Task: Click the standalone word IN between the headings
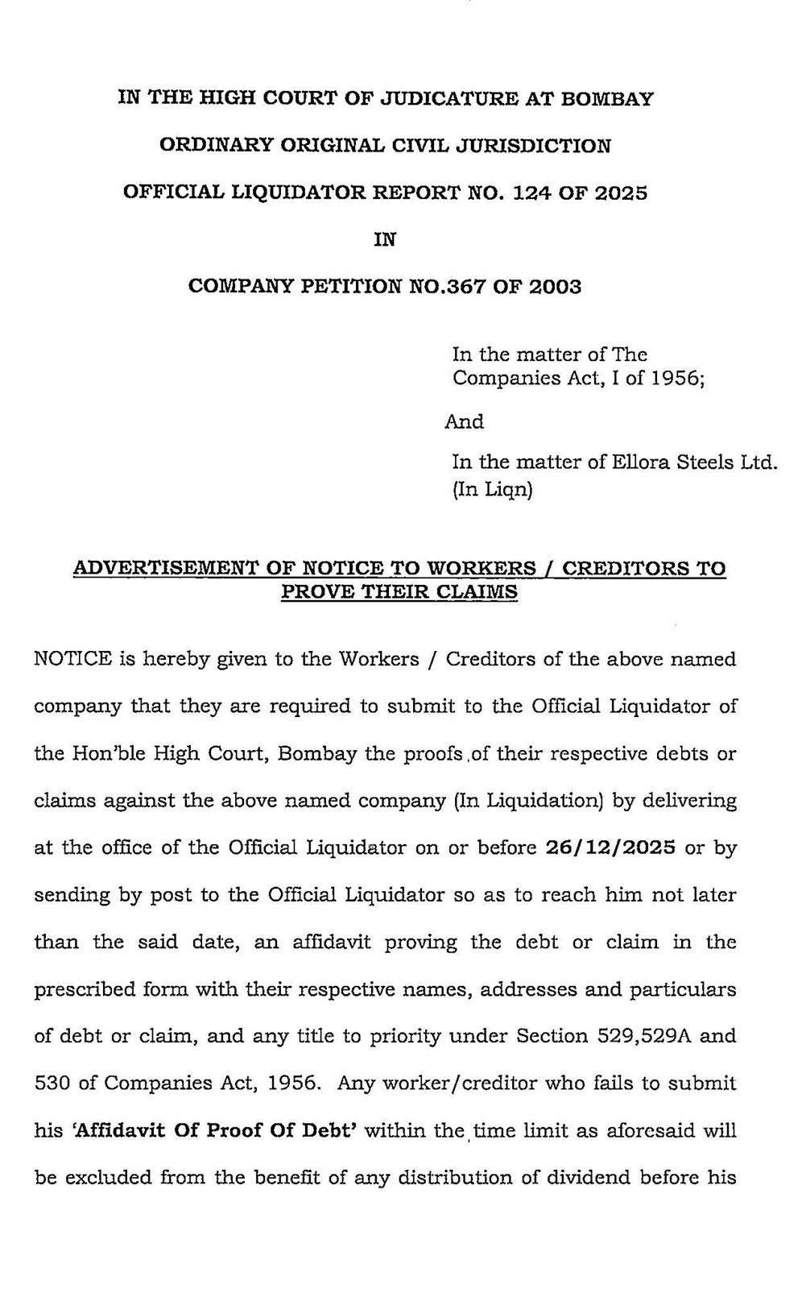pos(385,239)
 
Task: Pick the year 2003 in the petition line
pos(555,286)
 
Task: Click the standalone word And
pos(465,421)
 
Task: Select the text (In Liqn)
pos(493,489)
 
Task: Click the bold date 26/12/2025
pos(610,848)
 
